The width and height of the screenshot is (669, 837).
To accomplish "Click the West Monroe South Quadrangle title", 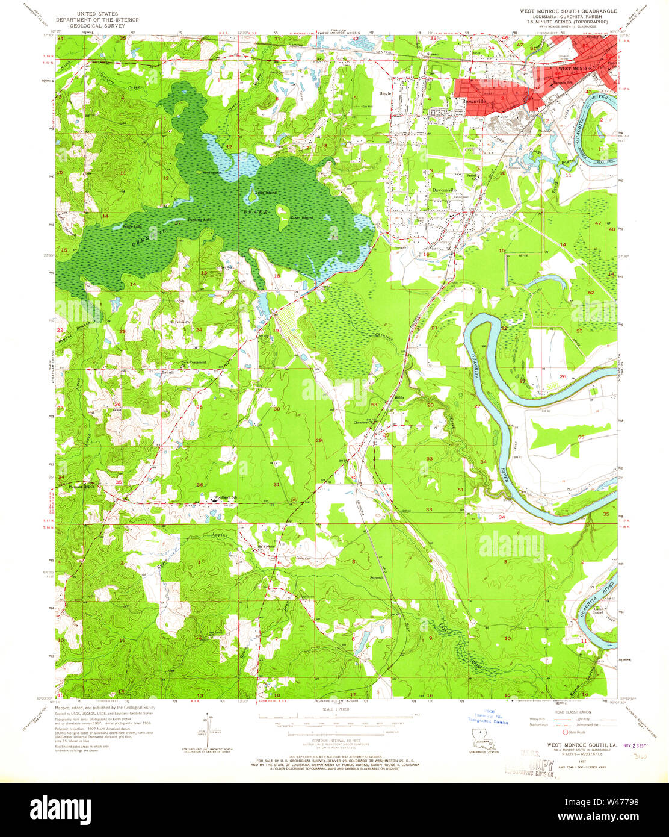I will click(x=568, y=11).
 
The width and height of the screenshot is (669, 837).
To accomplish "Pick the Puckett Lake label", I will click(x=200, y=220).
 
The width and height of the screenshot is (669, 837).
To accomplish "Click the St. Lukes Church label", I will click(x=180, y=322).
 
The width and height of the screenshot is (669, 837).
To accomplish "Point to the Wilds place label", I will click(x=398, y=398).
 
